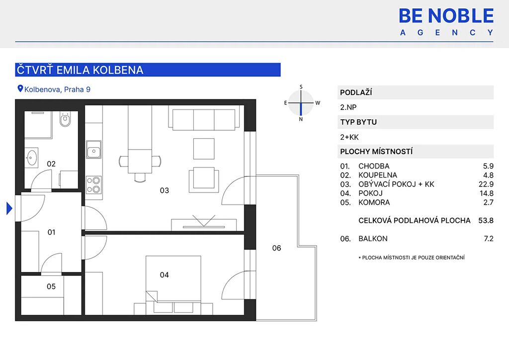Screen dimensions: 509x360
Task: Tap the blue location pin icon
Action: pos(20,89)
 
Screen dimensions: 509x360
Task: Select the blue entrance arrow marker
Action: pos(9,208)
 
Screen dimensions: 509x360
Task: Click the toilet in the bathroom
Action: pos(65,119)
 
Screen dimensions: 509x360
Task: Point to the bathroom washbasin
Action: pos(31,158)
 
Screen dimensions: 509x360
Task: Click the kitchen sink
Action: pos(93,150)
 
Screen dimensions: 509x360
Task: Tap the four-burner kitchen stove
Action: pos(93,184)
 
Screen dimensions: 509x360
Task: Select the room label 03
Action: pos(164,190)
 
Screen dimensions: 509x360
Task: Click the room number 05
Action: pos(51,286)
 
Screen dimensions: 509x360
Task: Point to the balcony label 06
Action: pos(276,248)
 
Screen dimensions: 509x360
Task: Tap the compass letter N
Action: pos(301,119)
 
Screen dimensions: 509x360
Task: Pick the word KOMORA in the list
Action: pos(374,202)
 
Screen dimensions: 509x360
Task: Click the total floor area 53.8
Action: pos(486,220)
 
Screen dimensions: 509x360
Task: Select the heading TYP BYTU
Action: pos(358,122)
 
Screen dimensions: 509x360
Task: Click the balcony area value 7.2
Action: pos(489,239)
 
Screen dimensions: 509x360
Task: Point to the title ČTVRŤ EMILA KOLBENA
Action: pos(80,70)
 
